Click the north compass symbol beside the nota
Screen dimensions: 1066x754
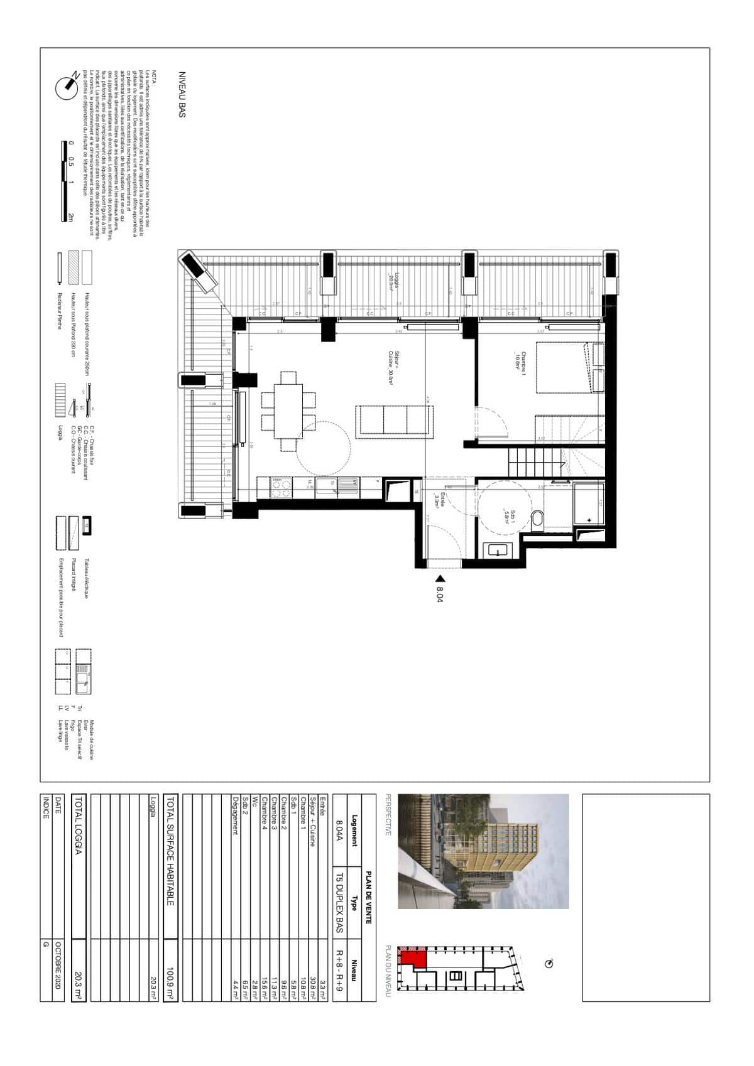[x=67, y=87]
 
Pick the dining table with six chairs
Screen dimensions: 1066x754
[x=289, y=411]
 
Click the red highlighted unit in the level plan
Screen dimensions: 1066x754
[x=415, y=958]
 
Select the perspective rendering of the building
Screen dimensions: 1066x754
[x=483, y=851]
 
